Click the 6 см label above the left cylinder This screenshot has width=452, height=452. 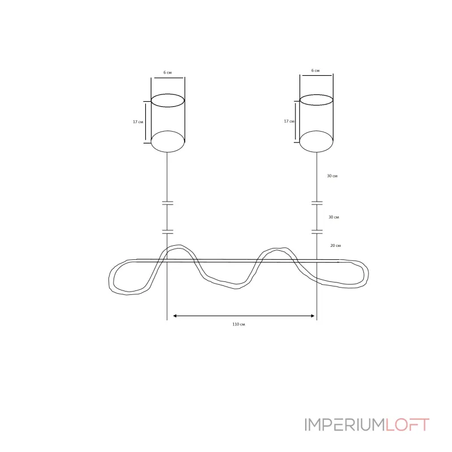pyautogui.click(x=167, y=73)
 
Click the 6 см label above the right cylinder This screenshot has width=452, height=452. pyautogui.click(x=315, y=71)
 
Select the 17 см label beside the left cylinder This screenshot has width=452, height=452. pyautogui.click(x=138, y=122)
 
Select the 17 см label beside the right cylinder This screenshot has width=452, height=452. pyautogui.click(x=289, y=121)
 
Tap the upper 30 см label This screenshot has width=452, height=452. pyautogui.click(x=332, y=176)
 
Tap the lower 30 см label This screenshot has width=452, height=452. pyautogui.click(x=334, y=217)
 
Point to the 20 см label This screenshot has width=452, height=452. pyautogui.click(x=336, y=246)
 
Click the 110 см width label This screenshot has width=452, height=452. pyautogui.click(x=238, y=324)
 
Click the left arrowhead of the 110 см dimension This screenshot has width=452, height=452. pyautogui.click(x=175, y=316)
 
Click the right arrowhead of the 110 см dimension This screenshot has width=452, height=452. pyautogui.click(x=313, y=316)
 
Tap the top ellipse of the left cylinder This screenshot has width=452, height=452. pyautogui.click(x=168, y=94)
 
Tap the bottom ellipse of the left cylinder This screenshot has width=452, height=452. pyautogui.click(x=168, y=152)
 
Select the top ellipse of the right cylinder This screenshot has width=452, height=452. pyautogui.click(x=316, y=95)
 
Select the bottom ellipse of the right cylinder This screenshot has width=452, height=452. pyautogui.click(x=316, y=152)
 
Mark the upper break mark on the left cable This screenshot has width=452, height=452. pyautogui.click(x=167, y=203)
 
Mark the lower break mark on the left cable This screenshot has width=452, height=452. pyautogui.click(x=167, y=232)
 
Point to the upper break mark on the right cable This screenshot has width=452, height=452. pyautogui.click(x=317, y=203)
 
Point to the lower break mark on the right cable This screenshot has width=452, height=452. pyautogui.click(x=317, y=232)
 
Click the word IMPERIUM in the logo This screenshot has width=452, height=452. pyautogui.click(x=345, y=425)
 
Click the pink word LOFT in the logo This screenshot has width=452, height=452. pyautogui.click(x=407, y=425)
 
